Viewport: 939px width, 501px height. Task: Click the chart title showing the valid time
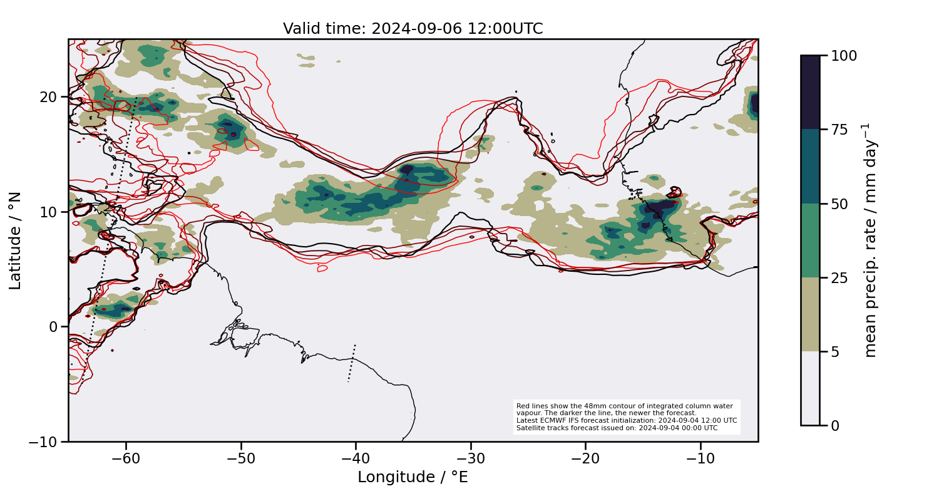413,29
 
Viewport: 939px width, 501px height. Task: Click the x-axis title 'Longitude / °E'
413,477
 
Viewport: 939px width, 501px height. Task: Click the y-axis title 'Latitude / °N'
16,240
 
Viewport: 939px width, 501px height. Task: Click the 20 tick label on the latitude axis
49,97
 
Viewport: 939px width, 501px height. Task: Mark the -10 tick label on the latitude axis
43,442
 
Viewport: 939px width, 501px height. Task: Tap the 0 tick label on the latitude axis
54,327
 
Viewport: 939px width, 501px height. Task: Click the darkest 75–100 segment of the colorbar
810,92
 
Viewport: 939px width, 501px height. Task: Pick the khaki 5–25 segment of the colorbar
810,314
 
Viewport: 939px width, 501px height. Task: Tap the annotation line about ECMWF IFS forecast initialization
626,420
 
